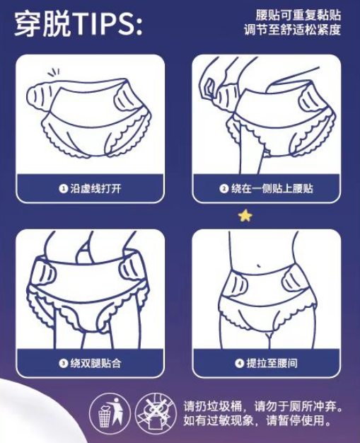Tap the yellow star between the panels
coord(245,216)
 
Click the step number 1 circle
coord(63,188)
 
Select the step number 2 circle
coord(223,188)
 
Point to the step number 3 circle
coord(63,363)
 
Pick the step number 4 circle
coord(240,363)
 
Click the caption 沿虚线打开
coord(95,188)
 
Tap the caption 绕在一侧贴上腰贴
coord(272,188)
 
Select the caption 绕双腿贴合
coord(95,363)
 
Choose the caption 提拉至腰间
coord(272,363)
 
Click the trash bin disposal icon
coord(110,412)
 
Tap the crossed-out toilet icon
coord(156,412)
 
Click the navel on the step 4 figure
coord(258,266)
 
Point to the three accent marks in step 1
coord(54,72)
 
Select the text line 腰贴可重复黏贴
coord(298,15)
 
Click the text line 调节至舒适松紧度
coord(292,30)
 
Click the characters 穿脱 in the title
coord(42,24)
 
